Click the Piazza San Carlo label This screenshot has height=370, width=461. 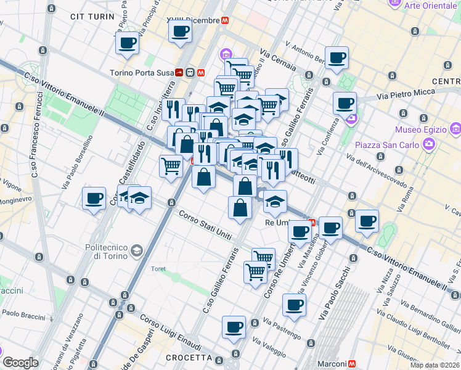click(x=386, y=145)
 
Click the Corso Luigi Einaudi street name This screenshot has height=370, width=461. click(x=170, y=333)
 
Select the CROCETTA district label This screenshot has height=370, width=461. click(x=189, y=358)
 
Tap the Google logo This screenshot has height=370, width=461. click(x=21, y=363)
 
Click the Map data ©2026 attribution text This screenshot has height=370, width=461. click(x=434, y=365)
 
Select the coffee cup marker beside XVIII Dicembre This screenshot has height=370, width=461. click(x=181, y=32)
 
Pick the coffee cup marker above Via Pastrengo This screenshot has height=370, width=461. click(x=294, y=305)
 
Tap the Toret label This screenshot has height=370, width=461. click(x=158, y=268)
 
